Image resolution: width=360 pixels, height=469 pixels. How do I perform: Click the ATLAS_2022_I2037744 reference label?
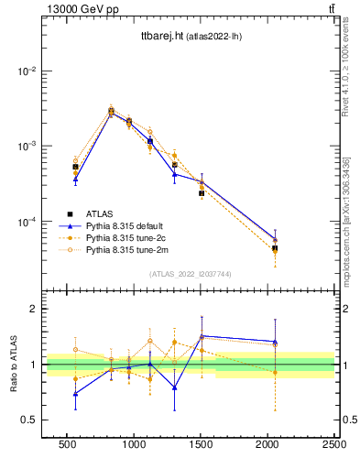coord(191,274)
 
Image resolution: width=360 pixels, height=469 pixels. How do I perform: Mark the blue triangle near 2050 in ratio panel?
coord(275,342)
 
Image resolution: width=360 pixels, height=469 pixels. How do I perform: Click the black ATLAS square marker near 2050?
coord(275,248)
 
